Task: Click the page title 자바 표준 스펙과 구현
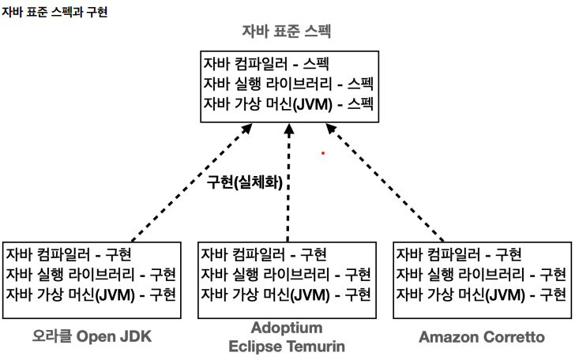point(55,12)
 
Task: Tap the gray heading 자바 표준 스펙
point(286,31)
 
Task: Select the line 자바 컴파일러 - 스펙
point(266,64)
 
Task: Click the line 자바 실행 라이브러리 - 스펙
point(288,84)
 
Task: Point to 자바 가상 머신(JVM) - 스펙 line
point(288,103)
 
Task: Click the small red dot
point(323,153)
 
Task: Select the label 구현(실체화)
point(244,182)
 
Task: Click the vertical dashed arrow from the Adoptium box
point(288,183)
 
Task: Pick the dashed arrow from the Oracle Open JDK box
point(192,183)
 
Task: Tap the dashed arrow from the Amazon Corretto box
point(385,183)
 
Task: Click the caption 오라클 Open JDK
point(92,337)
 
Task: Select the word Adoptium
point(287,328)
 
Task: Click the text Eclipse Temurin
point(287,347)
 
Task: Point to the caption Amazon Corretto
point(482,337)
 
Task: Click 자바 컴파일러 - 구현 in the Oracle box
point(68,254)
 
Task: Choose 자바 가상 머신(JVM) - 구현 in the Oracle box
point(91,294)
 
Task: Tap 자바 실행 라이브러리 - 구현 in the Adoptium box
point(286,274)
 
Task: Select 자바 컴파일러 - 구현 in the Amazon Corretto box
point(459,254)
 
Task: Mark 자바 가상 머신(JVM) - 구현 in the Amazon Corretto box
point(481,294)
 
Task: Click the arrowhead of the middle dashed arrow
point(289,129)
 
